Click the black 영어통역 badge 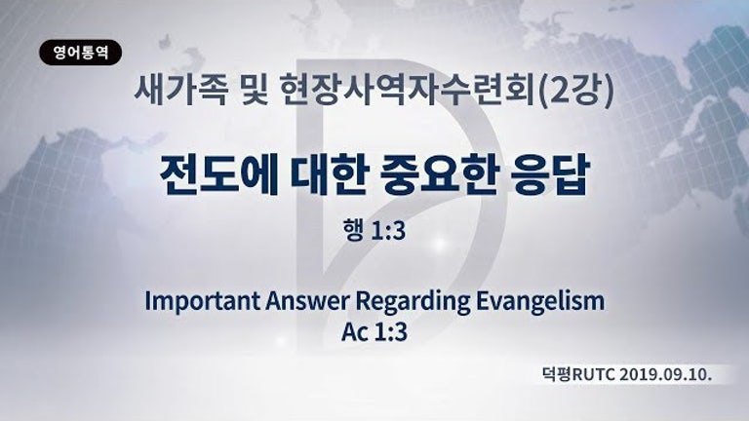80,53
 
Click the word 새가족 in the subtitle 180,90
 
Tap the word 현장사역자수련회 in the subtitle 407,90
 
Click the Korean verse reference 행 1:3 374,230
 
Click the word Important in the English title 203,302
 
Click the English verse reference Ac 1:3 374,331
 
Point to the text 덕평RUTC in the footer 578,374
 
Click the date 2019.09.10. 666,374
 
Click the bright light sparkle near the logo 440,244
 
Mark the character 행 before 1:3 352,230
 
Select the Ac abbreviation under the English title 354,332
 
